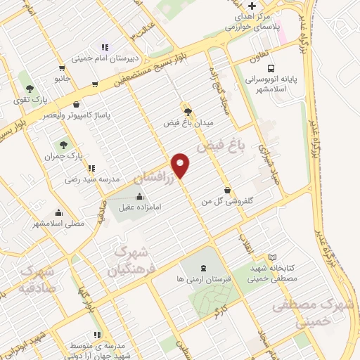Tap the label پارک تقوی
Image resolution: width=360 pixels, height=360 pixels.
[x=30, y=100]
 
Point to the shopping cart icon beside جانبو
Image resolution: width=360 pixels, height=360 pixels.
[x=63, y=68]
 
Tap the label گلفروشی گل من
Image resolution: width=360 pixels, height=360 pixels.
[x=227, y=201]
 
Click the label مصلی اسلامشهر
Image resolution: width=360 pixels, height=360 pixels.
[x=58, y=223]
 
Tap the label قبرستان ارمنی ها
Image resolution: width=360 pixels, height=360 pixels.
[x=203, y=279]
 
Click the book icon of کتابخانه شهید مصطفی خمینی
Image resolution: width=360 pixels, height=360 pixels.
[x=274, y=258]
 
